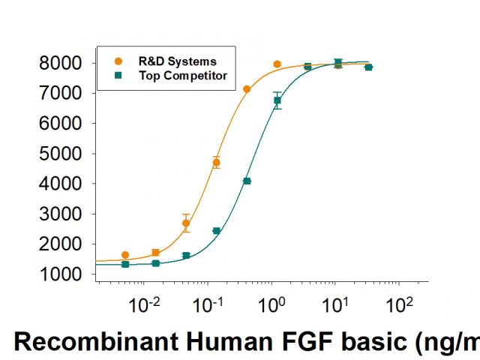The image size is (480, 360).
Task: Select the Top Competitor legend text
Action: pos(183,75)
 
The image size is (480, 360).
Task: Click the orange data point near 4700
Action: pos(217,162)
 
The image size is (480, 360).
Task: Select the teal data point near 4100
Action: pos(247,181)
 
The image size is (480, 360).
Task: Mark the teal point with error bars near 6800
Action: pos(277,100)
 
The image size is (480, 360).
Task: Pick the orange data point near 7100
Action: pos(247,89)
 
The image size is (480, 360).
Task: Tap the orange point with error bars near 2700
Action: pos(186,223)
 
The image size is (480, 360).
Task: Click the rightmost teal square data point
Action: pos(368,67)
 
